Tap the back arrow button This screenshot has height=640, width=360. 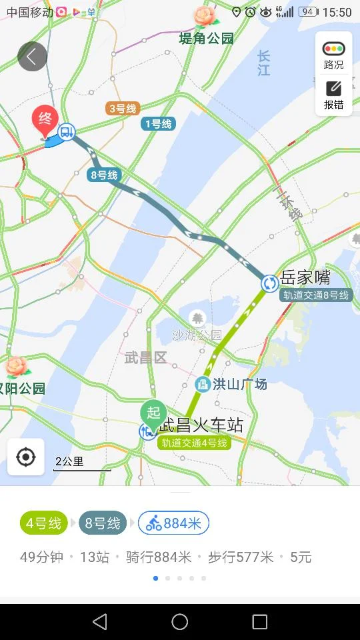(32, 57)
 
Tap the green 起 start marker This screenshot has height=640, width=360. (153, 413)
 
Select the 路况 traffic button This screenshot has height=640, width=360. (333, 55)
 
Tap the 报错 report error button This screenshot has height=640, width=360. (333, 95)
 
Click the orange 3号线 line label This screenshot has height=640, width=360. (122, 108)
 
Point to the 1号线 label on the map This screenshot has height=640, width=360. (158, 123)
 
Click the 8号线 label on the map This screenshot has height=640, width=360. (103, 175)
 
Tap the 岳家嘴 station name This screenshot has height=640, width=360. (305, 277)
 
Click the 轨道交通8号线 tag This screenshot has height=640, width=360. (315, 295)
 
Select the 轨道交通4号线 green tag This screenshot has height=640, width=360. (195, 443)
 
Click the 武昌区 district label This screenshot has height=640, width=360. (145, 358)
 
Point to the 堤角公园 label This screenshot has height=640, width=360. (207, 39)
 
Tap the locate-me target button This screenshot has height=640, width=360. (26, 457)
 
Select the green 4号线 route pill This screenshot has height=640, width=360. (44, 523)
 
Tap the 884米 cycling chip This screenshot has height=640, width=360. (174, 523)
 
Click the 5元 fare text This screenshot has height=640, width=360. (301, 557)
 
